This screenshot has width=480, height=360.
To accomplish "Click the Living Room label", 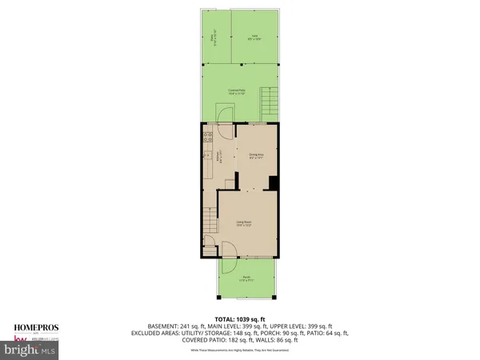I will point(244,223).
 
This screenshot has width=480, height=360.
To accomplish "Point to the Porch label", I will point(246,279).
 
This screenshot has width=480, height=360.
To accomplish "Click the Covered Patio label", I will point(237,91).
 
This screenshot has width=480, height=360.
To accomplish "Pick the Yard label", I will point(254,37).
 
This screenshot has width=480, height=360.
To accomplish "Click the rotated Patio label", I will point(212,37).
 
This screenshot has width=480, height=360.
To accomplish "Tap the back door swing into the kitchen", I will point(226,131).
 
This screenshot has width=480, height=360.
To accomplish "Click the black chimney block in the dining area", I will point(274,183).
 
